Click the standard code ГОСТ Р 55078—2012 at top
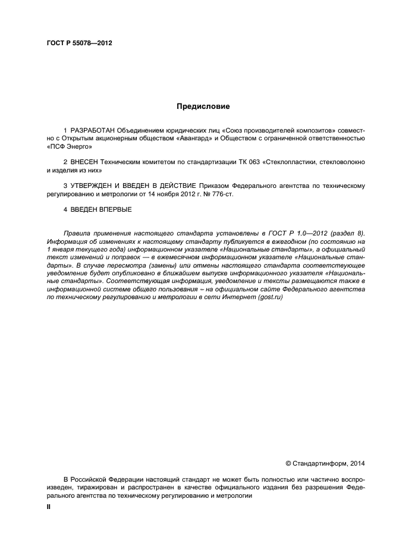79,43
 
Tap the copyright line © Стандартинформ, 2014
325,463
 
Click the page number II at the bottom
49,507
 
